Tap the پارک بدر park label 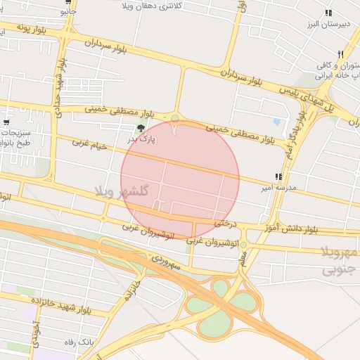142,140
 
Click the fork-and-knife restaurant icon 340,53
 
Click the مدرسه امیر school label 279,188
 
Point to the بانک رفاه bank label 79,341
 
